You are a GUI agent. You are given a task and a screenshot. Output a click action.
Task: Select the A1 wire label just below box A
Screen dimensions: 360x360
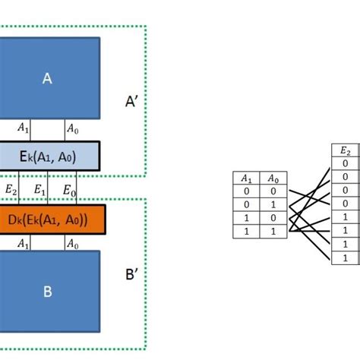click(24, 128)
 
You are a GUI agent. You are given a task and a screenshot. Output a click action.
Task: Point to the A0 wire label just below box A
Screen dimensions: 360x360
click(72, 128)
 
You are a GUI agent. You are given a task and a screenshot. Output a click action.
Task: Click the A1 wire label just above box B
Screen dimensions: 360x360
click(24, 244)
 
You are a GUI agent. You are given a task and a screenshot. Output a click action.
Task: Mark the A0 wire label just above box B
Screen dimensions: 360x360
click(72, 244)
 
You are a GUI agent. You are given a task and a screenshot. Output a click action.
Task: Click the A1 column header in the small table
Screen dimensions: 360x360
click(245, 179)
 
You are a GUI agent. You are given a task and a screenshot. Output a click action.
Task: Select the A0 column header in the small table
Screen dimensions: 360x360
click(273, 179)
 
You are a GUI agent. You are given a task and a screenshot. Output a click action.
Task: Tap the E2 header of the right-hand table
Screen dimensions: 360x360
click(346, 150)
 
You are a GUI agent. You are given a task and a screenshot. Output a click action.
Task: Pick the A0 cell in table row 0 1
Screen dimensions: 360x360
click(273, 206)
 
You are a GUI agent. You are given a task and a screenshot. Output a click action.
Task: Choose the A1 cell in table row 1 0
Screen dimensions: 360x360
click(245, 219)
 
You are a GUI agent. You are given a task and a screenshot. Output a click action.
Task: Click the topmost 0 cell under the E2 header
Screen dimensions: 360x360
click(346, 163)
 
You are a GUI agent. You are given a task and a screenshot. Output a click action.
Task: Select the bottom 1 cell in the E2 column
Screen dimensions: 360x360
click(346, 258)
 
